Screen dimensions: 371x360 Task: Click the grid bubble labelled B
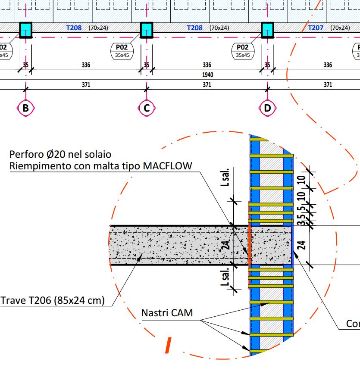tap(26, 108)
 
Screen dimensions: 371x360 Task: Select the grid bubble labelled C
tap(147, 108)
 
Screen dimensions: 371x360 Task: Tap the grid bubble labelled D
tap(267, 108)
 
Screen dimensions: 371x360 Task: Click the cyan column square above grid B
tap(26, 30)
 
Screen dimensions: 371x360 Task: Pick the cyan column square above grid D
tap(267, 30)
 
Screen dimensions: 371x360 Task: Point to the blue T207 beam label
tap(316, 28)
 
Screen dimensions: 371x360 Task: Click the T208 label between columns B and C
tap(74, 28)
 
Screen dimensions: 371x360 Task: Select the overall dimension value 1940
tap(207, 75)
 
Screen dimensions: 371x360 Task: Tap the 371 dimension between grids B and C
tap(86, 84)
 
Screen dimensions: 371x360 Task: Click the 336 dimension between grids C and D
tap(207, 65)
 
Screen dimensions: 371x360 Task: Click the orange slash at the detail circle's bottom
tap(169, 345)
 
